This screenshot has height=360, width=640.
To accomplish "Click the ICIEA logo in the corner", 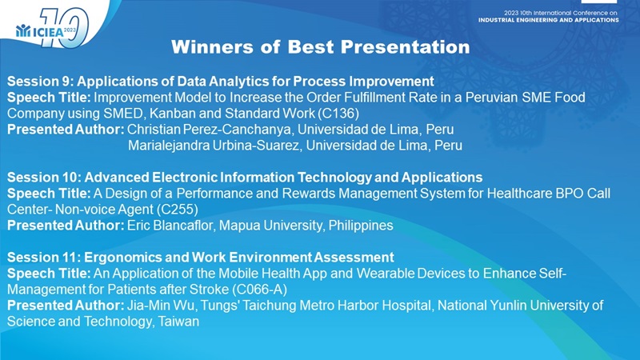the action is pos(52,28).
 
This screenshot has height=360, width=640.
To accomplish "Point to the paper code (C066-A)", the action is pos(259,290).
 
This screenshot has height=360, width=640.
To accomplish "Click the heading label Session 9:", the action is pos(40,82).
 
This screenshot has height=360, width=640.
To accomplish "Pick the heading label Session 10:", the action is pos(44,178).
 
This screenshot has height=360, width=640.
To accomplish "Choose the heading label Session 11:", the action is pos(44,258).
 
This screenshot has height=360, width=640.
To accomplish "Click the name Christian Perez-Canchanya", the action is pos(210,130).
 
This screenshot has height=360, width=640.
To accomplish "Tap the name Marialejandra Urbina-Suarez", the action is pos(214,146).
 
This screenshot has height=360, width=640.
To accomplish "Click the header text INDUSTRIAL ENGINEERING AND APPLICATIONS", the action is pos(549,20).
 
